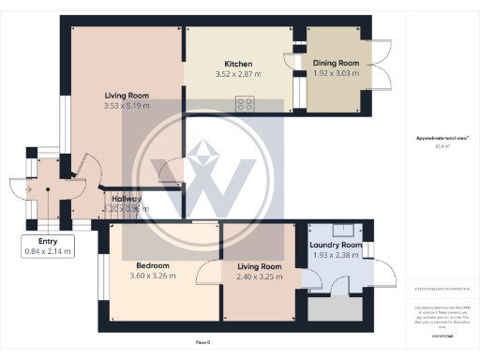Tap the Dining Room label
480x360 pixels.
click(x=335, y=64)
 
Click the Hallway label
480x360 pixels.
click(x=127, y=199)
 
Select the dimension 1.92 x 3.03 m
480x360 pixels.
click(x=335, y=73)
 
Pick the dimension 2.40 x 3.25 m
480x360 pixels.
click(x=258, y=277)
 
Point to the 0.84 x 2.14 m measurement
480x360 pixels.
click(x=47, y=250)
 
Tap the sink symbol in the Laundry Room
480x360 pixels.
click(x=346, y=229)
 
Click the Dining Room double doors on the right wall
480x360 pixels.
click(x=381, y=66)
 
